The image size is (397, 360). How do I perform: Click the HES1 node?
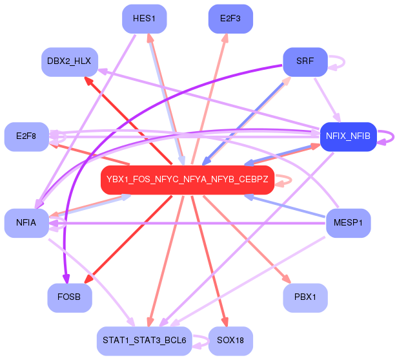pos(145,19)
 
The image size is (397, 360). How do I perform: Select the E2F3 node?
pos(230,19)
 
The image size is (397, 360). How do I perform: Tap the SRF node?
pos(305,61)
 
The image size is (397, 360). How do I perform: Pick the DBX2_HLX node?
pos(69,61)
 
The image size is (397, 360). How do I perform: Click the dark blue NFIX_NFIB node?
pos(348,136)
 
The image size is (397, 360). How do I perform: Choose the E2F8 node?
pos(26,136)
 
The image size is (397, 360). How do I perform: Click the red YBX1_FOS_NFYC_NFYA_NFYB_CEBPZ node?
pos(187,180)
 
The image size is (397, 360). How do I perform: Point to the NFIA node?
pos(26,223)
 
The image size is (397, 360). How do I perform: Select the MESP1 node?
pos(348,223)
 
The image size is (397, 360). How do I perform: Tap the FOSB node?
pos(69,298)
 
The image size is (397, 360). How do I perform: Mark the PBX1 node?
pos(305,298)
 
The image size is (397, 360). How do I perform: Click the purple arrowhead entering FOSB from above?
pos(65,279)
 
